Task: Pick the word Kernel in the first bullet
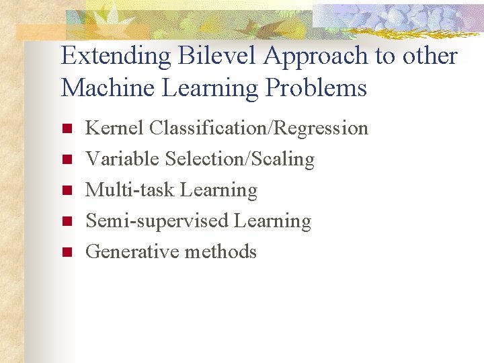[115, 128]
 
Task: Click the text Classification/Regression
[259, 128]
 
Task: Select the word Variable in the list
[122, 159]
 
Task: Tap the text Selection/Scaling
[239, 159]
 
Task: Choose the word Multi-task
[130, 190]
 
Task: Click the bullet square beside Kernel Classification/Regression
[66, 128]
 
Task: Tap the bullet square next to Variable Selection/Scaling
[66, 159]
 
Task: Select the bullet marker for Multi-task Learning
[66, 191]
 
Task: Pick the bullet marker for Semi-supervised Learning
[66, 221]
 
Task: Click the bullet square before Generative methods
[66, 252]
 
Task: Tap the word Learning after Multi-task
[218, 191]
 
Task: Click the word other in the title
[430, 57]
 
